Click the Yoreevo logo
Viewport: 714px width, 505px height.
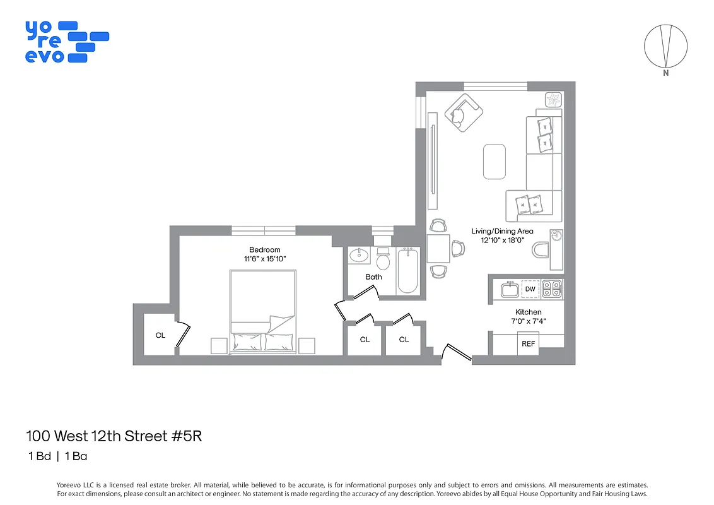(x=66, y=42)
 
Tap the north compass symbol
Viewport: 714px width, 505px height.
(x=665, y=47)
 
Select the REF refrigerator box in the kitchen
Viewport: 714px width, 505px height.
(x=528, y=344)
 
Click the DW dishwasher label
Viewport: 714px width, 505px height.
(x=530, y=289)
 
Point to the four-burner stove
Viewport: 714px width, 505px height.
(x=552, y=289)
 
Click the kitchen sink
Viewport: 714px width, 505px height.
(x=510, y=290)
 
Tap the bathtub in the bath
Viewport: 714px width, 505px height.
(x=407, y=271)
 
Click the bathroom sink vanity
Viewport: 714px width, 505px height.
(x=360, y=255)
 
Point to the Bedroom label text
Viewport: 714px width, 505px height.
(x=264, y=249)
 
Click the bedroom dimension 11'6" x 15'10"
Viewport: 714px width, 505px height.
(x=264, y=259)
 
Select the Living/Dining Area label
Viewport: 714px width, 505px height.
(x=502, y=231)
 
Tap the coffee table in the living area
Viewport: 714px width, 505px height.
(x=495, y=162)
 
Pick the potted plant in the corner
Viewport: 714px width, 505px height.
(x=554, y=100)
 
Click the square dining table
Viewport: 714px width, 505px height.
(x=438, y=248)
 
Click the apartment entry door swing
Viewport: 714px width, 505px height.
(x=456, y=354)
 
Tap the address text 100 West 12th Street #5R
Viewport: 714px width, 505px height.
(x=114, y=436)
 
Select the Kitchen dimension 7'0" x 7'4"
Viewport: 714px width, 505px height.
(x=528, y=321)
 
